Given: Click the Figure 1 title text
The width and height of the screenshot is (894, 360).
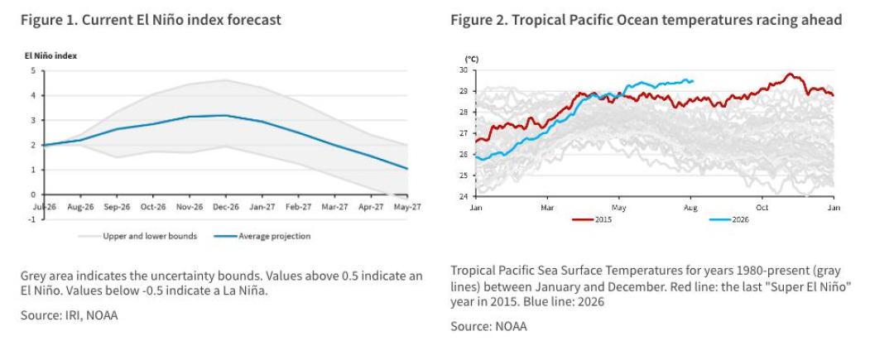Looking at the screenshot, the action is (x=151, y=20).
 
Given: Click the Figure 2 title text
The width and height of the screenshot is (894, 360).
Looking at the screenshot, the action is (x=646, y=20).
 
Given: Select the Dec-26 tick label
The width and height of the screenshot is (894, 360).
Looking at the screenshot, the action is (x=225, y=208).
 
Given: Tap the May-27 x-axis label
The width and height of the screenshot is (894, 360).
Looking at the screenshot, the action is (x=407, y=208).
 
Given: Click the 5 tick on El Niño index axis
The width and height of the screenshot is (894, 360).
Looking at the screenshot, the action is (x=33, y=70).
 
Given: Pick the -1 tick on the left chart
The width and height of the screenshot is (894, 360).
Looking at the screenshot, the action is (x=31, y=219).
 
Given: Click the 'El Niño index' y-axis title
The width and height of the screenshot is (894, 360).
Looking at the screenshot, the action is (x=50, y=55).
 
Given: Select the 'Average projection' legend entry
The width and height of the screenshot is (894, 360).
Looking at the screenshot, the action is (x=263, y=236).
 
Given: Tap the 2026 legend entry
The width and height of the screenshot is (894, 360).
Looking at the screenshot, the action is (x=729, y=220).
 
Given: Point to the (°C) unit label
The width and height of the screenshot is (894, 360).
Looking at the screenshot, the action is (x=472, y=59).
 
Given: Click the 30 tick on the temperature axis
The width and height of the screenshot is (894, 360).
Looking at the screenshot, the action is (x=463, y=70).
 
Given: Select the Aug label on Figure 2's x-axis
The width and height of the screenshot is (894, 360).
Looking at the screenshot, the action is (x=691, y=208).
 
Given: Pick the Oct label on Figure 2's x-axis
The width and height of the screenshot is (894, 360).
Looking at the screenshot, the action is (x=762, y=208).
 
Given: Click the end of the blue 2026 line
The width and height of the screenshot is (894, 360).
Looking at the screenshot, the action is (x=693, y=81).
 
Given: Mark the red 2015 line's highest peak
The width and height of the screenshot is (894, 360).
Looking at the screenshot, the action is (x=790, y=74).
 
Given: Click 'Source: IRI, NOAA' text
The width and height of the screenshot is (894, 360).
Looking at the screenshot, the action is (x=70, y=315).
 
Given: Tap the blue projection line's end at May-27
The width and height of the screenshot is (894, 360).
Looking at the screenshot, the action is (x=408, y=169).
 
